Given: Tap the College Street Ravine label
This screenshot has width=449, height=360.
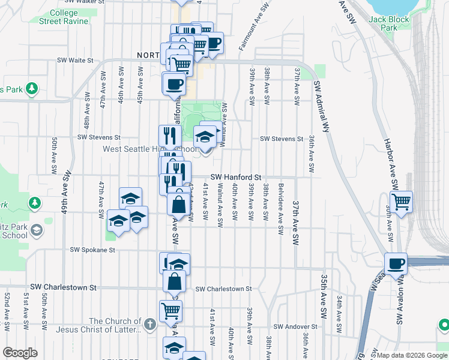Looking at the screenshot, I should [x=64, y=17].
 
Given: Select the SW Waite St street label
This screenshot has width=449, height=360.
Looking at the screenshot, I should [x=76, y=60].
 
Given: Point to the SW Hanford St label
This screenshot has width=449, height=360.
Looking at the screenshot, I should [x=236, y=178].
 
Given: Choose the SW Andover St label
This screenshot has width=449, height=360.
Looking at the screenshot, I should [x=294, y=326].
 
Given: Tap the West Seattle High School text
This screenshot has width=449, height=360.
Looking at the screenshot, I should [x=149, y=149].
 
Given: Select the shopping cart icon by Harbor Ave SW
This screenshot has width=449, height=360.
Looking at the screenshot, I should [x=401, y=201].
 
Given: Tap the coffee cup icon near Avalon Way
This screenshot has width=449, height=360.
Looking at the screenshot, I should [x=396, y=263].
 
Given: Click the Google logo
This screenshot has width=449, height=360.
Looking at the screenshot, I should [x=20, y=353].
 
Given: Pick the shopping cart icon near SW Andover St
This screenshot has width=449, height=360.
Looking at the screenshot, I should [x=170, y=311].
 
